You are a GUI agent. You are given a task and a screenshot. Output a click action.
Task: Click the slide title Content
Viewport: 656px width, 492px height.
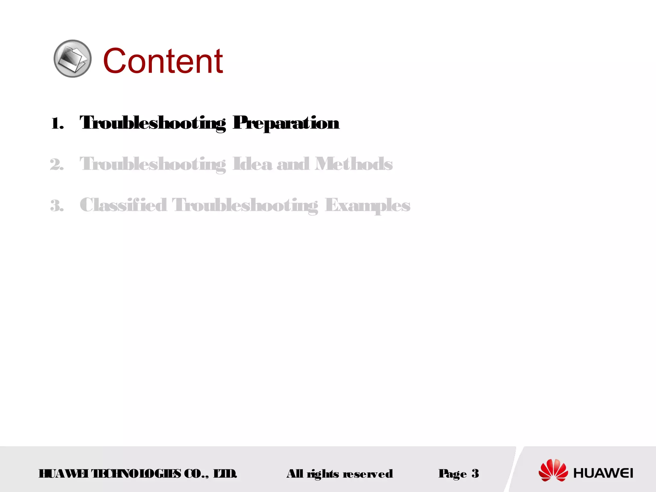(163, 61)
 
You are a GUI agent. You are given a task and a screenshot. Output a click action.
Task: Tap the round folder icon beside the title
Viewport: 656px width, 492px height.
(72, 59)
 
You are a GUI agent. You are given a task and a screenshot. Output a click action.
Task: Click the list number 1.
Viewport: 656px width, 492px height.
(57, 123)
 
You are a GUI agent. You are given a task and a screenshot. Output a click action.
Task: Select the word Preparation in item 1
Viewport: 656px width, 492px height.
(286, 123)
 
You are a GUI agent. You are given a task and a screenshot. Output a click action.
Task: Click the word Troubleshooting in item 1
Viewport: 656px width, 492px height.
(153, 123)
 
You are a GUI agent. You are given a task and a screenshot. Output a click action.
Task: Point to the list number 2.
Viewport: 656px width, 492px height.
(57, 164)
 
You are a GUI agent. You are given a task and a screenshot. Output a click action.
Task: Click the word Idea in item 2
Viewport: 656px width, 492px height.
(252, 164)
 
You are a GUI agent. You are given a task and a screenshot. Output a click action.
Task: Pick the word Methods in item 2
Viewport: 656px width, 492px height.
(354, 164)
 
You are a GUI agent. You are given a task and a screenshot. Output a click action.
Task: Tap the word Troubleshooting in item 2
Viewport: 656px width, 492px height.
(153, 164)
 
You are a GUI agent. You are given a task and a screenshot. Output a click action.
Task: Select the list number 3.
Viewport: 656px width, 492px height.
(57, 205)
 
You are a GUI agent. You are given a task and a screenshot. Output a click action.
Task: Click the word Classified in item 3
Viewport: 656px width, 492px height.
(123, 205)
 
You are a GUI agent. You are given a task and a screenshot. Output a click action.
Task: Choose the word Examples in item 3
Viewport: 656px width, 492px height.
(367, 205)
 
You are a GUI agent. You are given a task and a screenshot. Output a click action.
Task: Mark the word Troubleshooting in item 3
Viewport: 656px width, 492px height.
(245, 205)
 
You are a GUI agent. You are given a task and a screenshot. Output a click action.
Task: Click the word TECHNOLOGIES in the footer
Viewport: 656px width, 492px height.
(136, 473)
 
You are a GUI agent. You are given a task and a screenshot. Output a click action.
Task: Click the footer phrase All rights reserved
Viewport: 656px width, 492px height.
(340, 473)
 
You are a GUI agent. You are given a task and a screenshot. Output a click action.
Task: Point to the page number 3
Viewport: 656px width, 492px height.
(475, 473)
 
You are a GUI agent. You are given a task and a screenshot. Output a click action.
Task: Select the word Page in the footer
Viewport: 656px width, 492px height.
(453, 473)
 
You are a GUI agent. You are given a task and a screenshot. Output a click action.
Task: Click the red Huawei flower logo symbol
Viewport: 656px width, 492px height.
(553, 470)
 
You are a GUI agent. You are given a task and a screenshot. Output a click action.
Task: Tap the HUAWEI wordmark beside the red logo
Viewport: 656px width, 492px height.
(603, 473)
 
